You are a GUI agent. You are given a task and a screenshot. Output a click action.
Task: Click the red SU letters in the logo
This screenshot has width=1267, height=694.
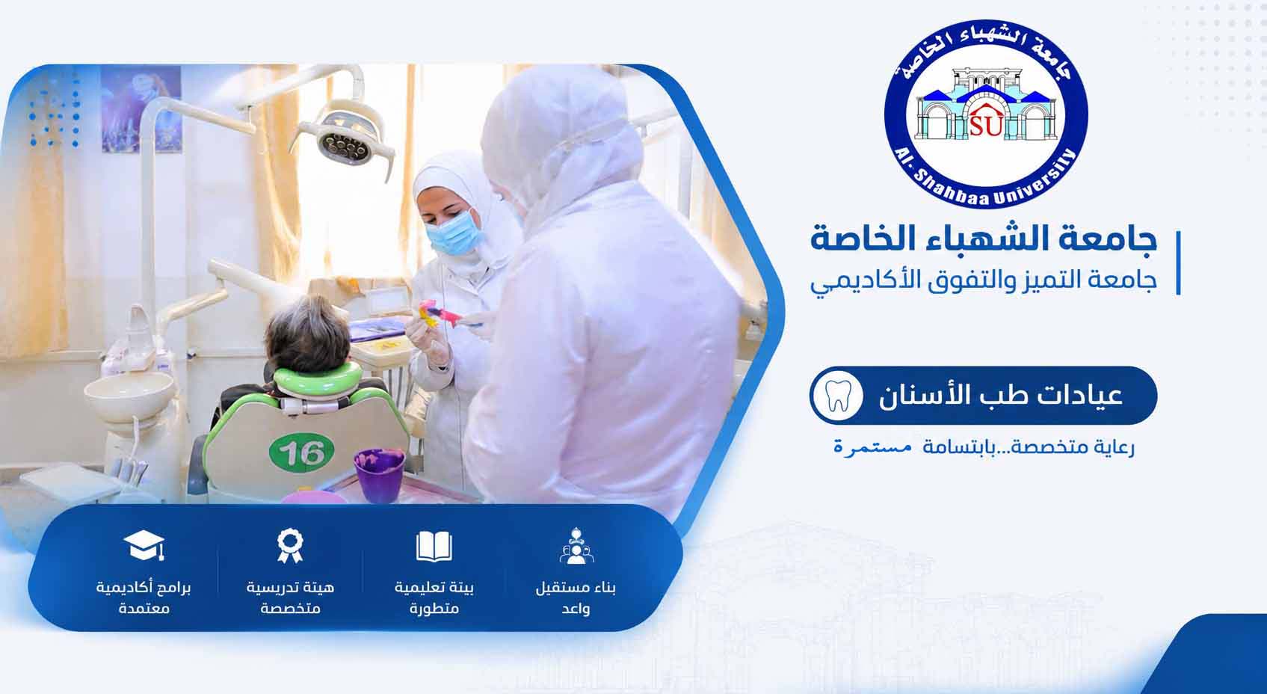coord(986,125)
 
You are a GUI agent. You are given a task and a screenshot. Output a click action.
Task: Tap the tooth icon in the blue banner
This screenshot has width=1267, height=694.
coord(838,395)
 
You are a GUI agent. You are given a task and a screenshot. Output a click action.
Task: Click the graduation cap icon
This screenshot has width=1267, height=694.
coord(144,545)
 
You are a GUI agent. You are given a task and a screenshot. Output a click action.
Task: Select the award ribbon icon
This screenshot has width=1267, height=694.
coord(290,545)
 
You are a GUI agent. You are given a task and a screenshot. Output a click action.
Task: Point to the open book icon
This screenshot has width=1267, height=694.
coord(434,546)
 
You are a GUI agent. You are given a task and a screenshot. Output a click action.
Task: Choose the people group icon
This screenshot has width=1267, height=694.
coord(576,546)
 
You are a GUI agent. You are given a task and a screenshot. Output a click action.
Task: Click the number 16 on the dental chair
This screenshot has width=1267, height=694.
coord(301,452)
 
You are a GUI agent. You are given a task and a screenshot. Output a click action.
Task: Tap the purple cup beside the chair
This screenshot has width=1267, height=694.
coord(379,474)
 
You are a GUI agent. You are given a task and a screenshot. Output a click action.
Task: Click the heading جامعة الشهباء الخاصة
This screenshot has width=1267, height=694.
coord(984,239)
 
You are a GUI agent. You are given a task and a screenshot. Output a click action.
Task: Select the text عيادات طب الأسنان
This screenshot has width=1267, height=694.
coord(1001,396)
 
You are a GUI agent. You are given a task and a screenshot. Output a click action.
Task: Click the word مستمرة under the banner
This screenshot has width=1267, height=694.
coord(873,447)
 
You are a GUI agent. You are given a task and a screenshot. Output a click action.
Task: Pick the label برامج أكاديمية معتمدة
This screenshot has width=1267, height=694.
coord(144,598)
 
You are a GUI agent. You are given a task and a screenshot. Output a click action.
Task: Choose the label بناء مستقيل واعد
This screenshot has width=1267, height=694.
coord(576,598)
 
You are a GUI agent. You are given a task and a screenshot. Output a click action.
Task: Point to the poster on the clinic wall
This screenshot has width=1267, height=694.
coord(141,108)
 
